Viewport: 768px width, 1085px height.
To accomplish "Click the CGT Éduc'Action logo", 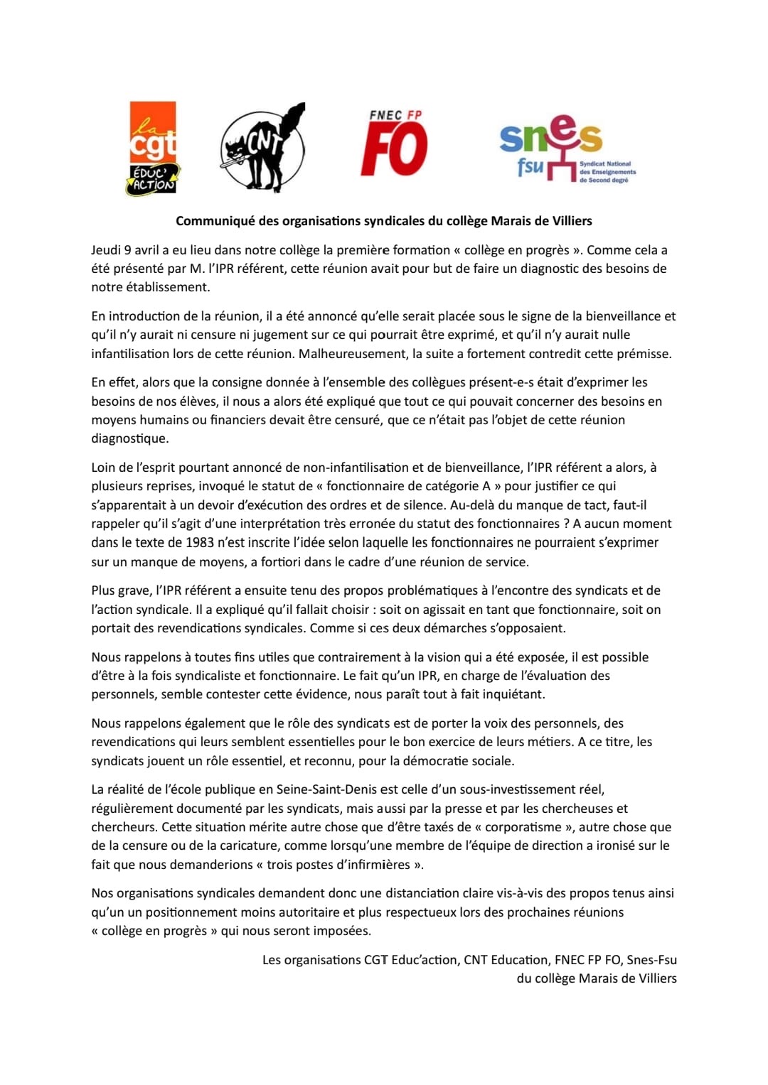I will coord(152,148).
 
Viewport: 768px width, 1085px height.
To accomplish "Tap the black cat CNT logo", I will coord(262,149).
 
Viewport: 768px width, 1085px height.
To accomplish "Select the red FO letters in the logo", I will coord(394,150).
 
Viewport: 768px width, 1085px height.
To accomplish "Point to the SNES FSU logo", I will coord(562,149).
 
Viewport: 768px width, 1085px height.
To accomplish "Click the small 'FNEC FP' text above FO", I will coord(395,115).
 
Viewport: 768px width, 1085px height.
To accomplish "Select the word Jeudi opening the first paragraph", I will coord(106,250).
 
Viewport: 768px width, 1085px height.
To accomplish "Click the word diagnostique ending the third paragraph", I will coord(129,438).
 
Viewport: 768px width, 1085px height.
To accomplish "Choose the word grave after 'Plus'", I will coord(133,590).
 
